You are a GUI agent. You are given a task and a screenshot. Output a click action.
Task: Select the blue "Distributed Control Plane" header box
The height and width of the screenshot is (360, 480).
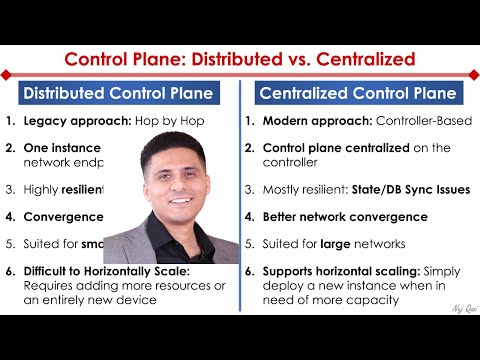[118, 94]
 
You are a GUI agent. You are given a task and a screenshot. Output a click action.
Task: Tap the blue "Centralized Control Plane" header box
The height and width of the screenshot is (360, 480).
[358, 94]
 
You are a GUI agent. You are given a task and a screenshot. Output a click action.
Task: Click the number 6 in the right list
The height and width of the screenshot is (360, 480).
[251, 271]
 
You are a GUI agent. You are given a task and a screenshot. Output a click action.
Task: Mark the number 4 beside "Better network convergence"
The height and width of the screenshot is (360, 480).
[251, 214]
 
